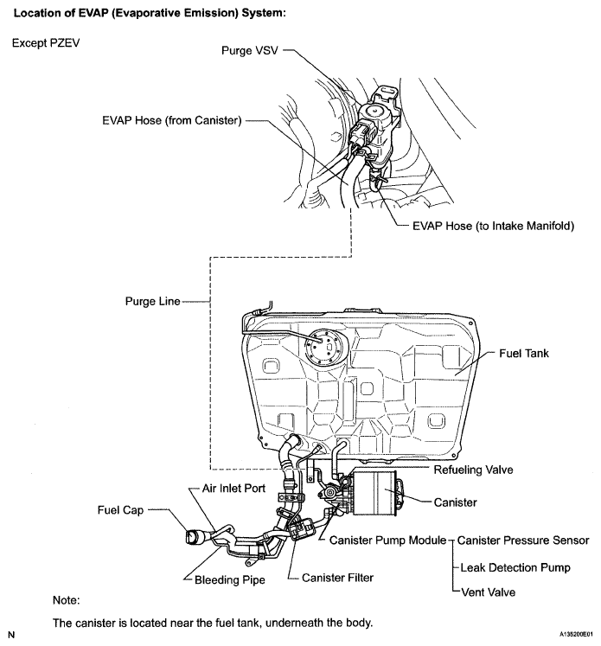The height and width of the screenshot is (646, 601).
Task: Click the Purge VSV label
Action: click(x=250, y=50)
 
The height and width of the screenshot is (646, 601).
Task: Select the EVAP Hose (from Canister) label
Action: click(x=172, y=120)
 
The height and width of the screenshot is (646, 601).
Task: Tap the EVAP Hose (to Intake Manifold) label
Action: click(x=493, y=226)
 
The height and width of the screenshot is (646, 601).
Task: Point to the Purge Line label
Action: click(x=153, y=301)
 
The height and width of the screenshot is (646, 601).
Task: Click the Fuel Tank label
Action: click(x=524, y=353)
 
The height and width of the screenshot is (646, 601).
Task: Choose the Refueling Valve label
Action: click(x=473, y=470)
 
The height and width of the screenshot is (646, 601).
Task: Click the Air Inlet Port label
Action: click(x=233, y=489)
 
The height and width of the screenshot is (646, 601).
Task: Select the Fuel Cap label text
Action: click(x=120, y=510)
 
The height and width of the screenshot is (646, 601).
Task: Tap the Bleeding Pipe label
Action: click(x=229, y=579)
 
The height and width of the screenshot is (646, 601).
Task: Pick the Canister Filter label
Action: click(x=337, y=578)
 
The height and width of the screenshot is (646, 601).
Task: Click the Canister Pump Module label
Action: click(x=387, y=540)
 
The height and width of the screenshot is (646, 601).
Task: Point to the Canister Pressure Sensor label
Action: click(x=523, y=540)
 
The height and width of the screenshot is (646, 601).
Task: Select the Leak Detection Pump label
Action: click(x=515, y=567)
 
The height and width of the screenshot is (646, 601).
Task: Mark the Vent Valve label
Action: click(x=488, y=592)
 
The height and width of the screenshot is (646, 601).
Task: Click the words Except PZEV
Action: click(x=46, y=43)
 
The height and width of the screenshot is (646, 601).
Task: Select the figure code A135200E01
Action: click(x=576, y=634)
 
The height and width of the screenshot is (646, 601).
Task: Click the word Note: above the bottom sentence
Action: click(x=66, y=600)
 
